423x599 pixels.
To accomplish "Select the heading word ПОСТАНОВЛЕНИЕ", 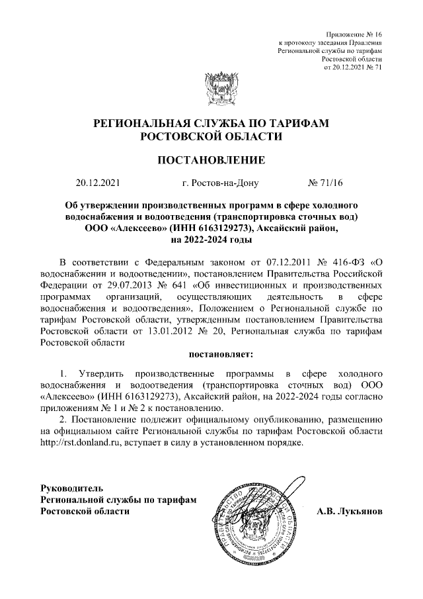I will click(x=211, y=160).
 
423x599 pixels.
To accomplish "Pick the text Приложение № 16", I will click(x=355, y=33).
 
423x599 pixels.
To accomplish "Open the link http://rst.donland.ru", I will click(x=79, y=443).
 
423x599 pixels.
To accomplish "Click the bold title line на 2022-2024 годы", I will click(x=211, y=240).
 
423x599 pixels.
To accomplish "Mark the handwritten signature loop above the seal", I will click(x=293, y=480).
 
